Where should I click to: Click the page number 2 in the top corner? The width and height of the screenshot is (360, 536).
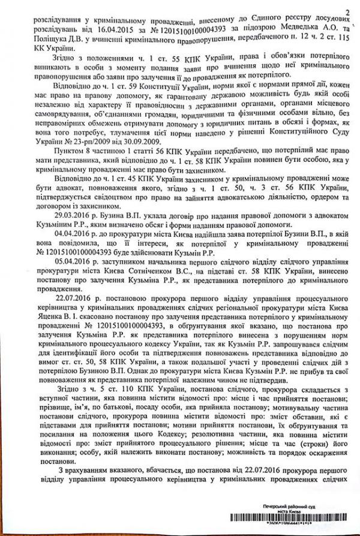click(x=348, y=8)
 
